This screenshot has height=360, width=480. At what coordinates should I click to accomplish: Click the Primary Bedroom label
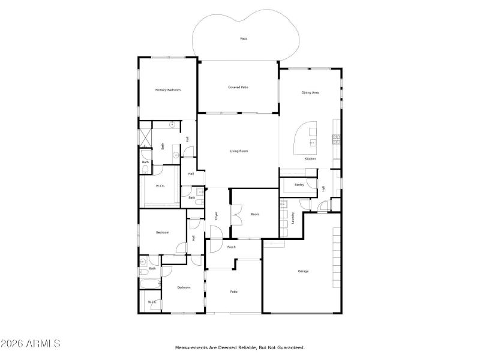[168, 90]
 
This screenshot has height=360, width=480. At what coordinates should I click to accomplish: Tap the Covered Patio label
[238, 87]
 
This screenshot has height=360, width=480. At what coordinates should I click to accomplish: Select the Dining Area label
[310, 92]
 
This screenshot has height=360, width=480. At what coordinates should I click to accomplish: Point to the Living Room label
[239, 151]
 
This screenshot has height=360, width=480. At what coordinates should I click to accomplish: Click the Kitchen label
[310, 158]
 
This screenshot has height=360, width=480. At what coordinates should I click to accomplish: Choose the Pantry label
[299, 185]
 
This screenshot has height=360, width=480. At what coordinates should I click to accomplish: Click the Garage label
[304, 271]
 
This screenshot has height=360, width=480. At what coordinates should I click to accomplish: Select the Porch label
[232, 247]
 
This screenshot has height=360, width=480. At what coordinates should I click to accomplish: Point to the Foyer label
[217, 216]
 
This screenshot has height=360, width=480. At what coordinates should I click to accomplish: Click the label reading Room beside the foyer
[255, 214]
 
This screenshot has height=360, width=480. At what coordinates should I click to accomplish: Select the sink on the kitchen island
[312, 143]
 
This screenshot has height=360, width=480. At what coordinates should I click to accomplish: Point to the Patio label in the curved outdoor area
[244, 38]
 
